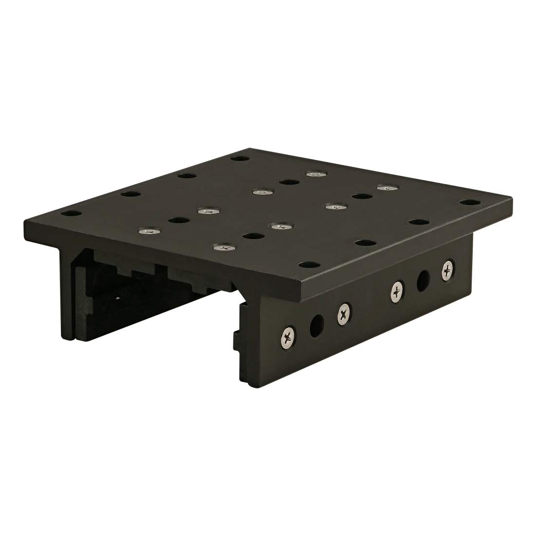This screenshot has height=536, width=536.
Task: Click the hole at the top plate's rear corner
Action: click(238, 158)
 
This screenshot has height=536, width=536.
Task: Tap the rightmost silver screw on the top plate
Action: click(386, 187)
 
